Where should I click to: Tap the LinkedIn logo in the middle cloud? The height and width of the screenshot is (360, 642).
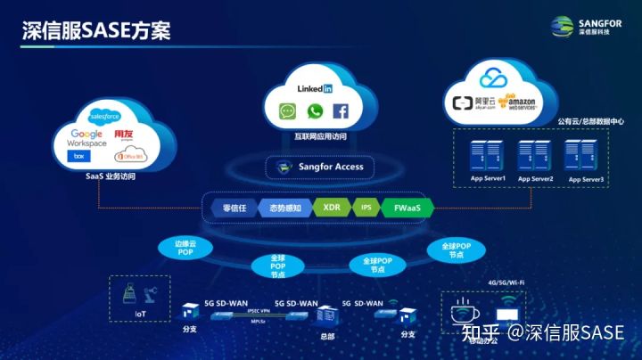pos(315,89)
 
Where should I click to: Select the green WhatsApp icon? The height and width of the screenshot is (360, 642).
pos(314,111)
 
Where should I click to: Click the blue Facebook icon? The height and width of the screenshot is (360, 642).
pos(340,111)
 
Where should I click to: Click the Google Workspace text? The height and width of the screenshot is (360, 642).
pos(86,138)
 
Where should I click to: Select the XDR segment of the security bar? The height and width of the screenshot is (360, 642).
pos(332,208)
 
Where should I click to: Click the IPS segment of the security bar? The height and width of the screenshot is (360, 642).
pos(366,208)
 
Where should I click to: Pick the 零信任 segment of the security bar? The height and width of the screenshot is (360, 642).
pos(234,208)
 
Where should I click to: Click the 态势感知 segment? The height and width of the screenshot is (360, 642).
pos(284,208)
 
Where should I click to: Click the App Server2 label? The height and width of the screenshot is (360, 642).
pos(536,179)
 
